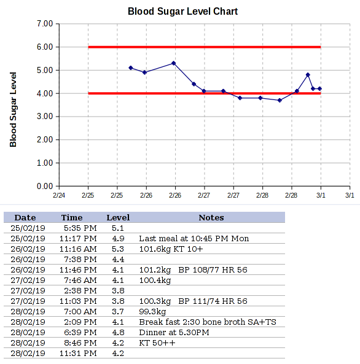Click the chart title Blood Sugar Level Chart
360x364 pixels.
[182, 12]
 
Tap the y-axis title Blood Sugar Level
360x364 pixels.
[13, 110]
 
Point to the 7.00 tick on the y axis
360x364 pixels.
[45, 24]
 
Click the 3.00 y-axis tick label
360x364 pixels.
[45, 116]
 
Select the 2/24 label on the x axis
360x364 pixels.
[59, 195]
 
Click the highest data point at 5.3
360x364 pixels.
[174, 63]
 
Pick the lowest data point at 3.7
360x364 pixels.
[280, 100]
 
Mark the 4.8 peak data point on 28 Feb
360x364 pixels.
[308, 75]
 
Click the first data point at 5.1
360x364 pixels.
[131, 68]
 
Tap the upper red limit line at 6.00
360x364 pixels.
[205, 47]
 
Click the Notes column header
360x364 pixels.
[211, 217]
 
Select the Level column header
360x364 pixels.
[118, 217]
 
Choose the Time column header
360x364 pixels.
[72, 217]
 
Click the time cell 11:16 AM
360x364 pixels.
[78, 249]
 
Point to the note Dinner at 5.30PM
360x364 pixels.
[174, 333]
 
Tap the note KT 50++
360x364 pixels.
[157, 343]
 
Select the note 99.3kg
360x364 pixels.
[152, 312]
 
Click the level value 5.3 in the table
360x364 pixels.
[118, 249]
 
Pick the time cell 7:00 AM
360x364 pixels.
[80, 312]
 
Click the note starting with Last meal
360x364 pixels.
[194, 238]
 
